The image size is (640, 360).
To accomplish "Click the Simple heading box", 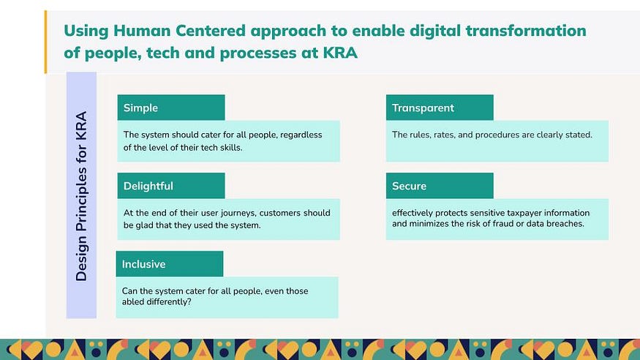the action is [171, 108].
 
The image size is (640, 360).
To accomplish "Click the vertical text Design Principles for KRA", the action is [81, 196].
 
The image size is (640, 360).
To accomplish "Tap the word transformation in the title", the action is [526, 31].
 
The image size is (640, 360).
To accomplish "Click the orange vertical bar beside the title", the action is [45, 42].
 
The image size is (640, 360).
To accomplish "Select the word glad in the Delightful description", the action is [143, 225].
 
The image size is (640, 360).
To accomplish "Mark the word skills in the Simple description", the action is [230, 148].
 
